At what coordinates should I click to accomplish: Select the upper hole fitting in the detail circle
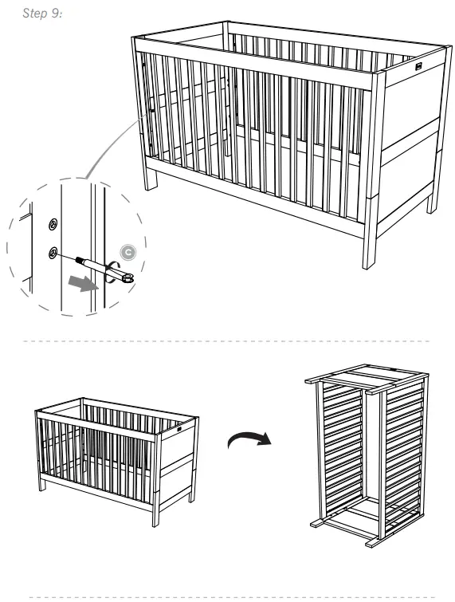[53, 224]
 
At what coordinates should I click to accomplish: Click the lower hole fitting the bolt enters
[53, 253]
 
